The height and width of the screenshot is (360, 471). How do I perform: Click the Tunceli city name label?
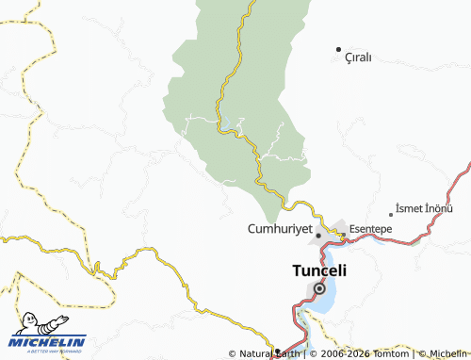[317, 270]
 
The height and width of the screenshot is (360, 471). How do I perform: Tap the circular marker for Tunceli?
[319, 289]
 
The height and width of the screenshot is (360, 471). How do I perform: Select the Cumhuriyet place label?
[279, 229]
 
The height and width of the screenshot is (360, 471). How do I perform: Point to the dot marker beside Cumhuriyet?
[318, 234]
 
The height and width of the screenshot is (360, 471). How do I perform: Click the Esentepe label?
[370, 229]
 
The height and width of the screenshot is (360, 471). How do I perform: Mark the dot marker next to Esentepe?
[343, 235]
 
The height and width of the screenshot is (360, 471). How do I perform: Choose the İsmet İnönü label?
[425, 207]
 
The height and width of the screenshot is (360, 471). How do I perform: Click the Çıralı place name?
[358, 57]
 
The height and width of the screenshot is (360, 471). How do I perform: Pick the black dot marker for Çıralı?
[338, 48]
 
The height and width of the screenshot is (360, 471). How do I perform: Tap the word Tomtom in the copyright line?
[389, 353]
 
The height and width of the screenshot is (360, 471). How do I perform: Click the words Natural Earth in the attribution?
[273, 353]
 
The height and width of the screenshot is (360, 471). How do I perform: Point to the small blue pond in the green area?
[228, 123]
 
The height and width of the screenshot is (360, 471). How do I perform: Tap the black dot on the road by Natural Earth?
[277, 352]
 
